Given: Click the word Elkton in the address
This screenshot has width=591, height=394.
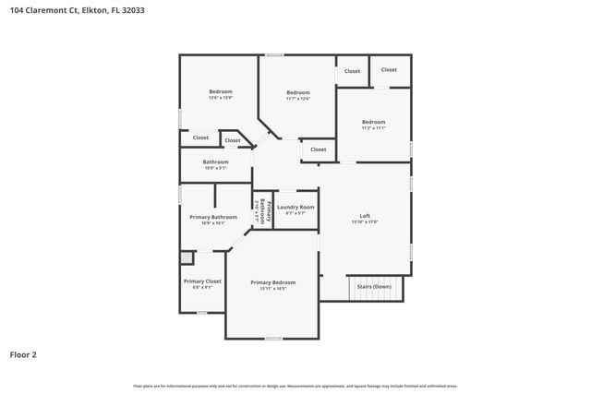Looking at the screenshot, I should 92,10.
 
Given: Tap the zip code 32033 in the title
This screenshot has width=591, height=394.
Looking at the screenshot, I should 131,10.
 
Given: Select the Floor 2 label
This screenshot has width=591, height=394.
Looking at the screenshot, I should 23,353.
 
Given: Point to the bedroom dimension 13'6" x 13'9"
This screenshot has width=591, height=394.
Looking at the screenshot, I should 220,97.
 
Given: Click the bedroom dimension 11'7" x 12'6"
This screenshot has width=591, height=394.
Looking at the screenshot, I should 297,98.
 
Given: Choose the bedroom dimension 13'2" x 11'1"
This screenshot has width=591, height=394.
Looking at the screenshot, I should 373,128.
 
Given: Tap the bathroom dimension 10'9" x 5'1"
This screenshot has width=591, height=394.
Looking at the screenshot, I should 215,168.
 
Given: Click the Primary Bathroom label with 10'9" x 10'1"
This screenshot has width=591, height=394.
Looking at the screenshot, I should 213,217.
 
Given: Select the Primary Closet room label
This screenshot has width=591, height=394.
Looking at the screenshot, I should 202,281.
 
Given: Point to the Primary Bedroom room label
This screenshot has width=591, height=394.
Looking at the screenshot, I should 272,281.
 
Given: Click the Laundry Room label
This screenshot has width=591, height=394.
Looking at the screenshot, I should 295,207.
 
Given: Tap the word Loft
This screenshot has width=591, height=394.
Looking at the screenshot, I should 365,217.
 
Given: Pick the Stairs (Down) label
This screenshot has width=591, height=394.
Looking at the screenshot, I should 375,286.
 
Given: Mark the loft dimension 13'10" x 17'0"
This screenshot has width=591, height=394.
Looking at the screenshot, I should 365,222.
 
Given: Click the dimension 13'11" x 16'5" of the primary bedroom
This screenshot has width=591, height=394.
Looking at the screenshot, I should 272,288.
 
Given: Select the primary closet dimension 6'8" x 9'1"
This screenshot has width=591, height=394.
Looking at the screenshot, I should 202,287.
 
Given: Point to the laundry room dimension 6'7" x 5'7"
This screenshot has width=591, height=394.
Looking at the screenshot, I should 295,213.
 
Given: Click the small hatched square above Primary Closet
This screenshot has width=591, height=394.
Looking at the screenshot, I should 187,257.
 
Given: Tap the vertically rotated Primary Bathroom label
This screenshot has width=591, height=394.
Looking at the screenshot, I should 261,210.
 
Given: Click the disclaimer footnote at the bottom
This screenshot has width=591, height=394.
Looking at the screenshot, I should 295,386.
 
